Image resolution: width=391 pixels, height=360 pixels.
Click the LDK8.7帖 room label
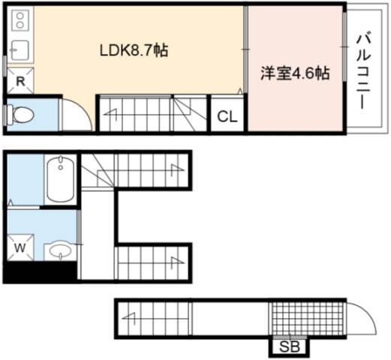134,50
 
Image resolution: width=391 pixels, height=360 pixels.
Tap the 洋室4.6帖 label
295,73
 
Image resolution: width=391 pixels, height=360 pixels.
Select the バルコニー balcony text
363,72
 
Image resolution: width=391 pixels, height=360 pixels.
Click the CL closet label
227,116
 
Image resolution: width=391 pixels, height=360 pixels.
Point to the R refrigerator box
20,80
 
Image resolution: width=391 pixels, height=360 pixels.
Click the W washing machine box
20,247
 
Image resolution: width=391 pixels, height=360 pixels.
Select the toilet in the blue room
20,115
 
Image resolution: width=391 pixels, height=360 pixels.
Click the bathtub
60,179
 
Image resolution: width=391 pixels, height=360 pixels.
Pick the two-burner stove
20,21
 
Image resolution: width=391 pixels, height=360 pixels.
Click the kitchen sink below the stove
20,50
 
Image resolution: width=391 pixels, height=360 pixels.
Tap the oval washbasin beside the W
60,250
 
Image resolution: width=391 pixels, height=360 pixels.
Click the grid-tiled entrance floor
307,319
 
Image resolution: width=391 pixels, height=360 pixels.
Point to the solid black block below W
40,272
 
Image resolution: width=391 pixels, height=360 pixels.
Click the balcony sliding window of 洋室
344,46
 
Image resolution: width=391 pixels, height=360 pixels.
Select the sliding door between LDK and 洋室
246,49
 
